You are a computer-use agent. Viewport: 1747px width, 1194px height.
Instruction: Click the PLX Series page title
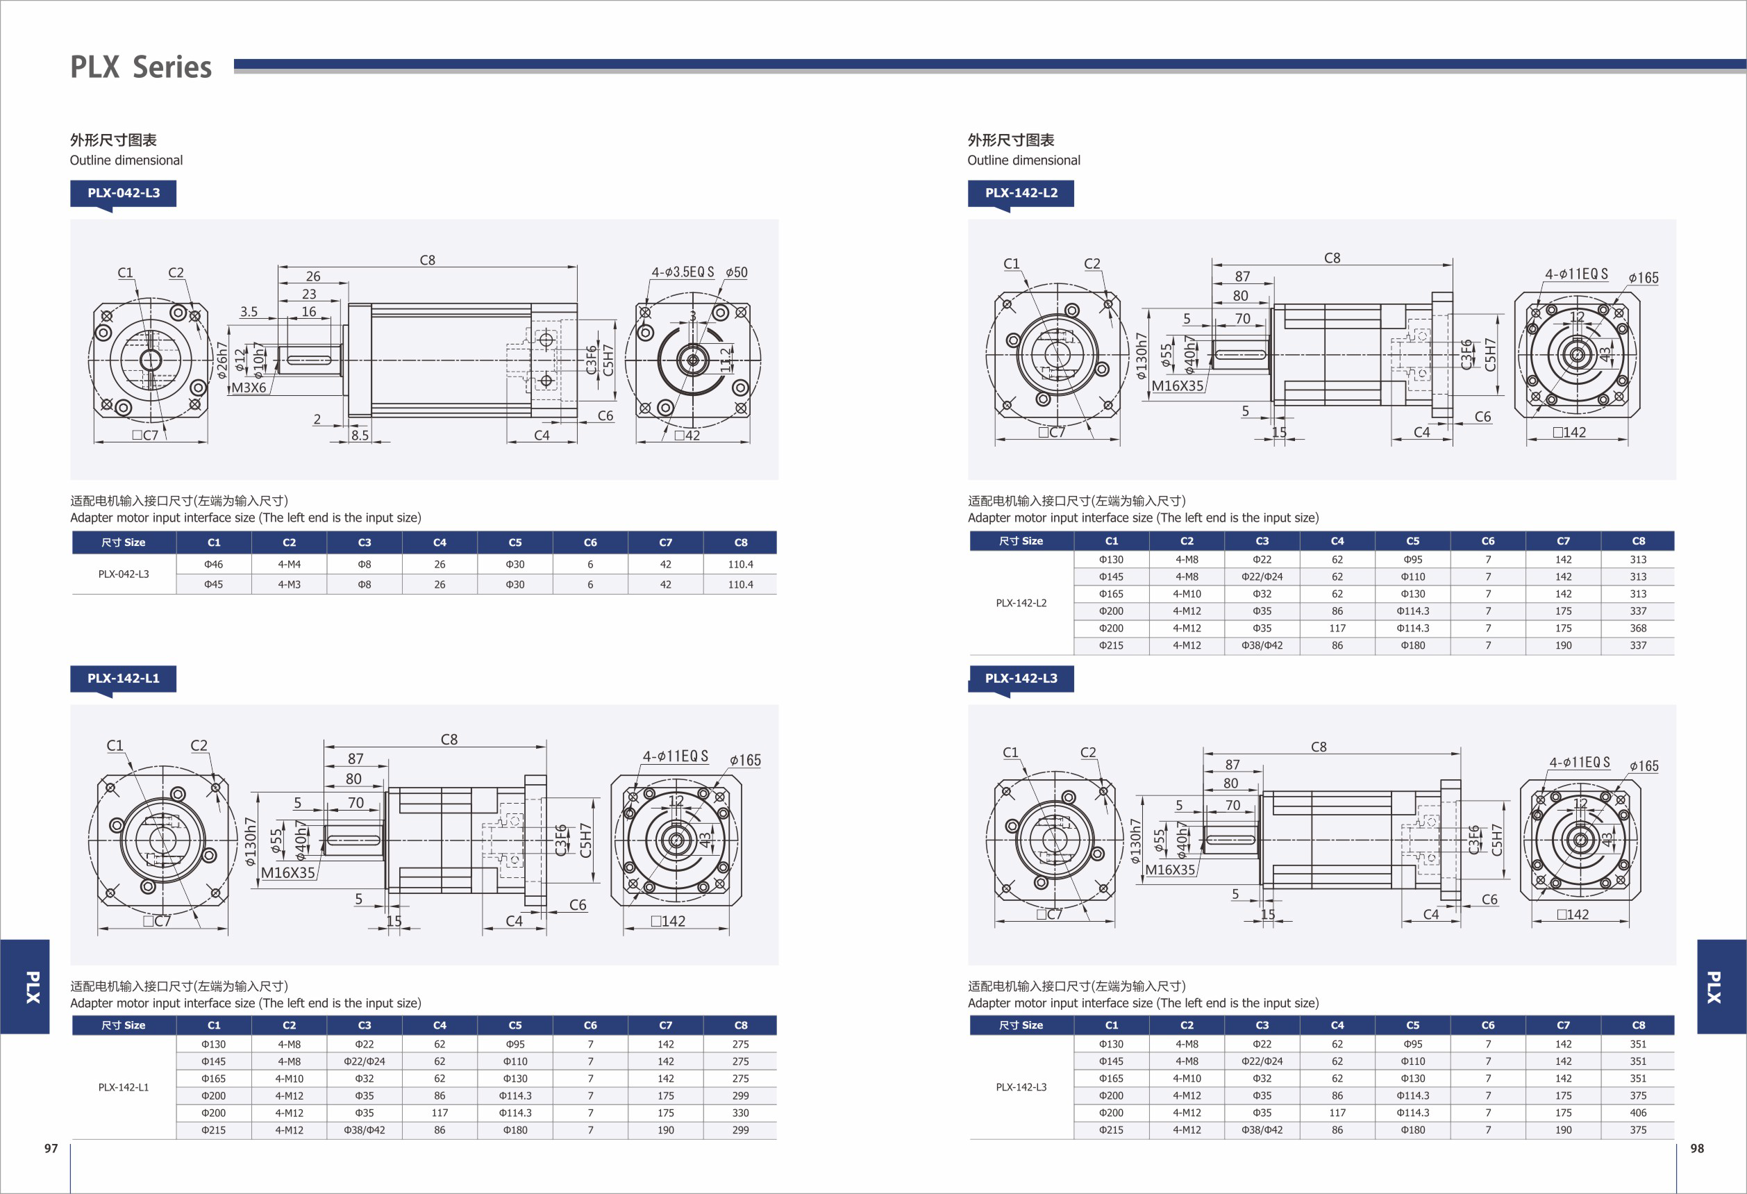[140, 67]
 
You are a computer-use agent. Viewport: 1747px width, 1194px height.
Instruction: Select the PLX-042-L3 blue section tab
[124, 192]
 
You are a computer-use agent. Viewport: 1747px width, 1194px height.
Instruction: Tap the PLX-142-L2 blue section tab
[1020, 192]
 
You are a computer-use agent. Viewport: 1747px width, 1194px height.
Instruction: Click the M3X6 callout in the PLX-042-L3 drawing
[249, 388]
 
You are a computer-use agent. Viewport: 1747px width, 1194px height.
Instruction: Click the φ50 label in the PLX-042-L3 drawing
[736, 272]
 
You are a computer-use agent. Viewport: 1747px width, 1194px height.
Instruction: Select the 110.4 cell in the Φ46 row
[739, 564]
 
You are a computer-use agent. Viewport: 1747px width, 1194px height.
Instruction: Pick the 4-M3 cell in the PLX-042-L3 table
[289, 584]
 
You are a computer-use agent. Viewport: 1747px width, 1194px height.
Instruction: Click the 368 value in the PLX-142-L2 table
[1637, 628]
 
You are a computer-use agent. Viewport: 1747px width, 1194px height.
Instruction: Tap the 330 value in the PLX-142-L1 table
[739, 1113]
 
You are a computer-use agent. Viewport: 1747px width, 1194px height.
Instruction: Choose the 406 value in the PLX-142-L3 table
[1637, 1113]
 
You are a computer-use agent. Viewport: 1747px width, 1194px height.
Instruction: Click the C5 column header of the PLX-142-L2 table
[1412, 540]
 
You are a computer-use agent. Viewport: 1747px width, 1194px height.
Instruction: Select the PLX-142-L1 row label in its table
[124, 1087]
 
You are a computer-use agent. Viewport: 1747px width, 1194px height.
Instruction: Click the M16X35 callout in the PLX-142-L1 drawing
[288, 873]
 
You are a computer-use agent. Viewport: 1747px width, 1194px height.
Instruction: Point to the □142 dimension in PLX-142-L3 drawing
[1573, 914]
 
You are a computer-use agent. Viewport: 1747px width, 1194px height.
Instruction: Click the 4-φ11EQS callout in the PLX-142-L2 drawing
[1576, 274]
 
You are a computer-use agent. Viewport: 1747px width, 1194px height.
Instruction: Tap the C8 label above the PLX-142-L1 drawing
[449, 740]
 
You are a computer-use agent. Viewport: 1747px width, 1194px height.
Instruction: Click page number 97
[51, 1148]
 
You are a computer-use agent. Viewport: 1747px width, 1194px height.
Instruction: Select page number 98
[1696, 1148]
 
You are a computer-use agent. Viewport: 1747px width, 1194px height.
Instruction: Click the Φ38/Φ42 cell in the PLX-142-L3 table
[1262, 1130]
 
